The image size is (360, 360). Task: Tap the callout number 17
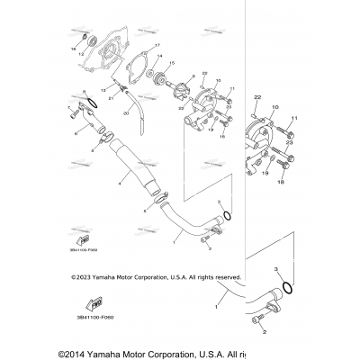click(157, 46)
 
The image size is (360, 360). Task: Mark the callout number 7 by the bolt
click(67, 108)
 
